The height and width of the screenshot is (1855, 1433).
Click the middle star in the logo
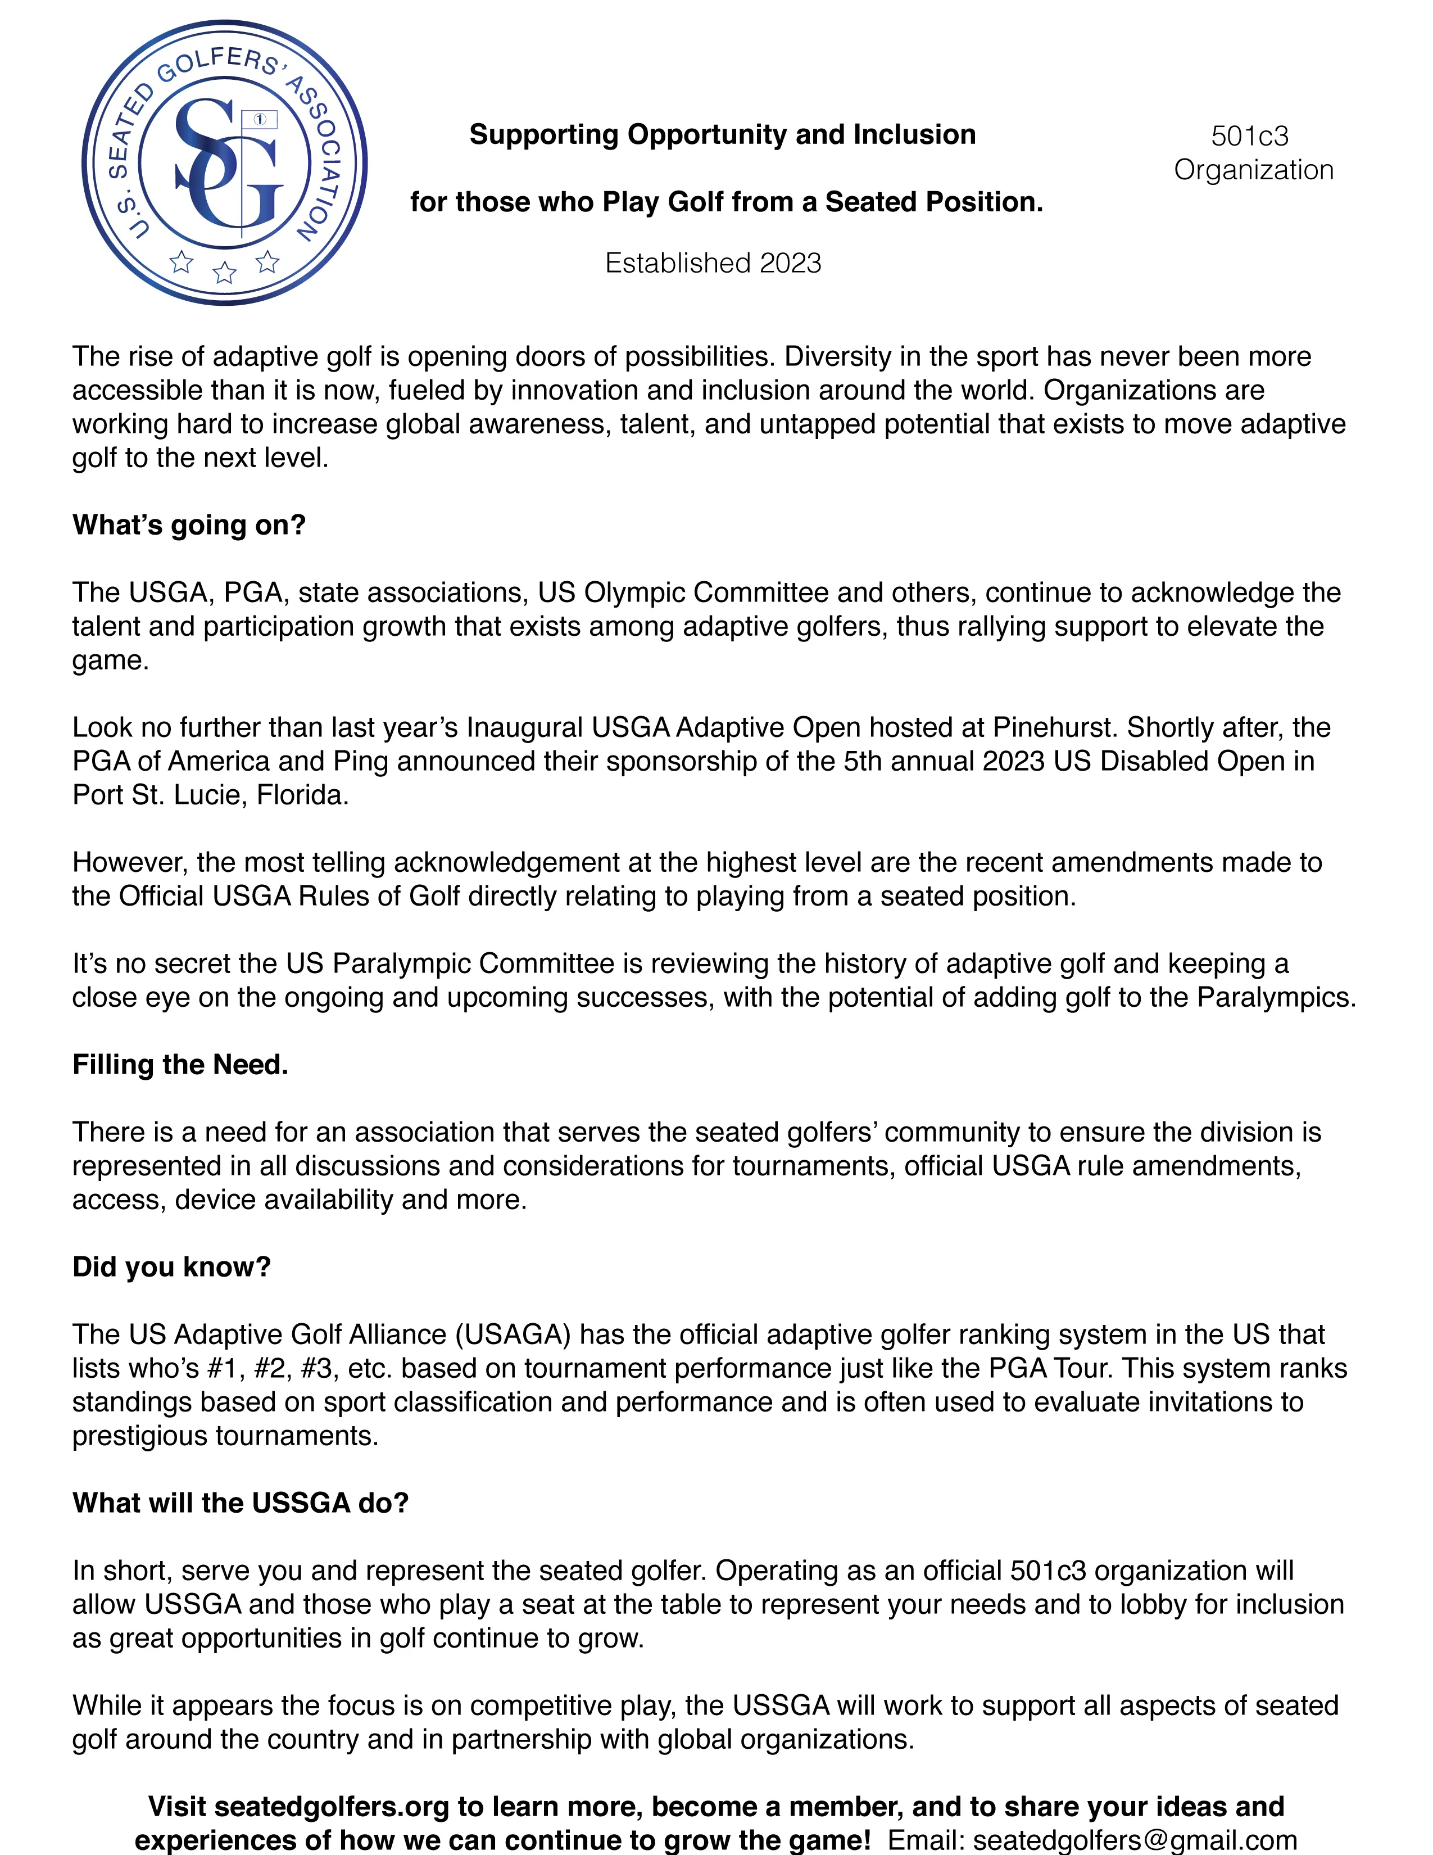(224, 272)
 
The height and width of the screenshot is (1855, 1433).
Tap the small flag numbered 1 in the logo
(260, 120)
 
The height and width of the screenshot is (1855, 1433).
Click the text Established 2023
(713, 263)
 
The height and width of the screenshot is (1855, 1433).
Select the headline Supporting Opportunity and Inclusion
(723, 134)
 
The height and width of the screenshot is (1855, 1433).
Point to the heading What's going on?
(188, 525)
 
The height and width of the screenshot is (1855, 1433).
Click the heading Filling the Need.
(180, 1064)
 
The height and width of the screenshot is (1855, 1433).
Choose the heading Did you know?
(171, 1266)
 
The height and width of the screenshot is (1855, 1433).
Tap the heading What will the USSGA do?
(241, 1503)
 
